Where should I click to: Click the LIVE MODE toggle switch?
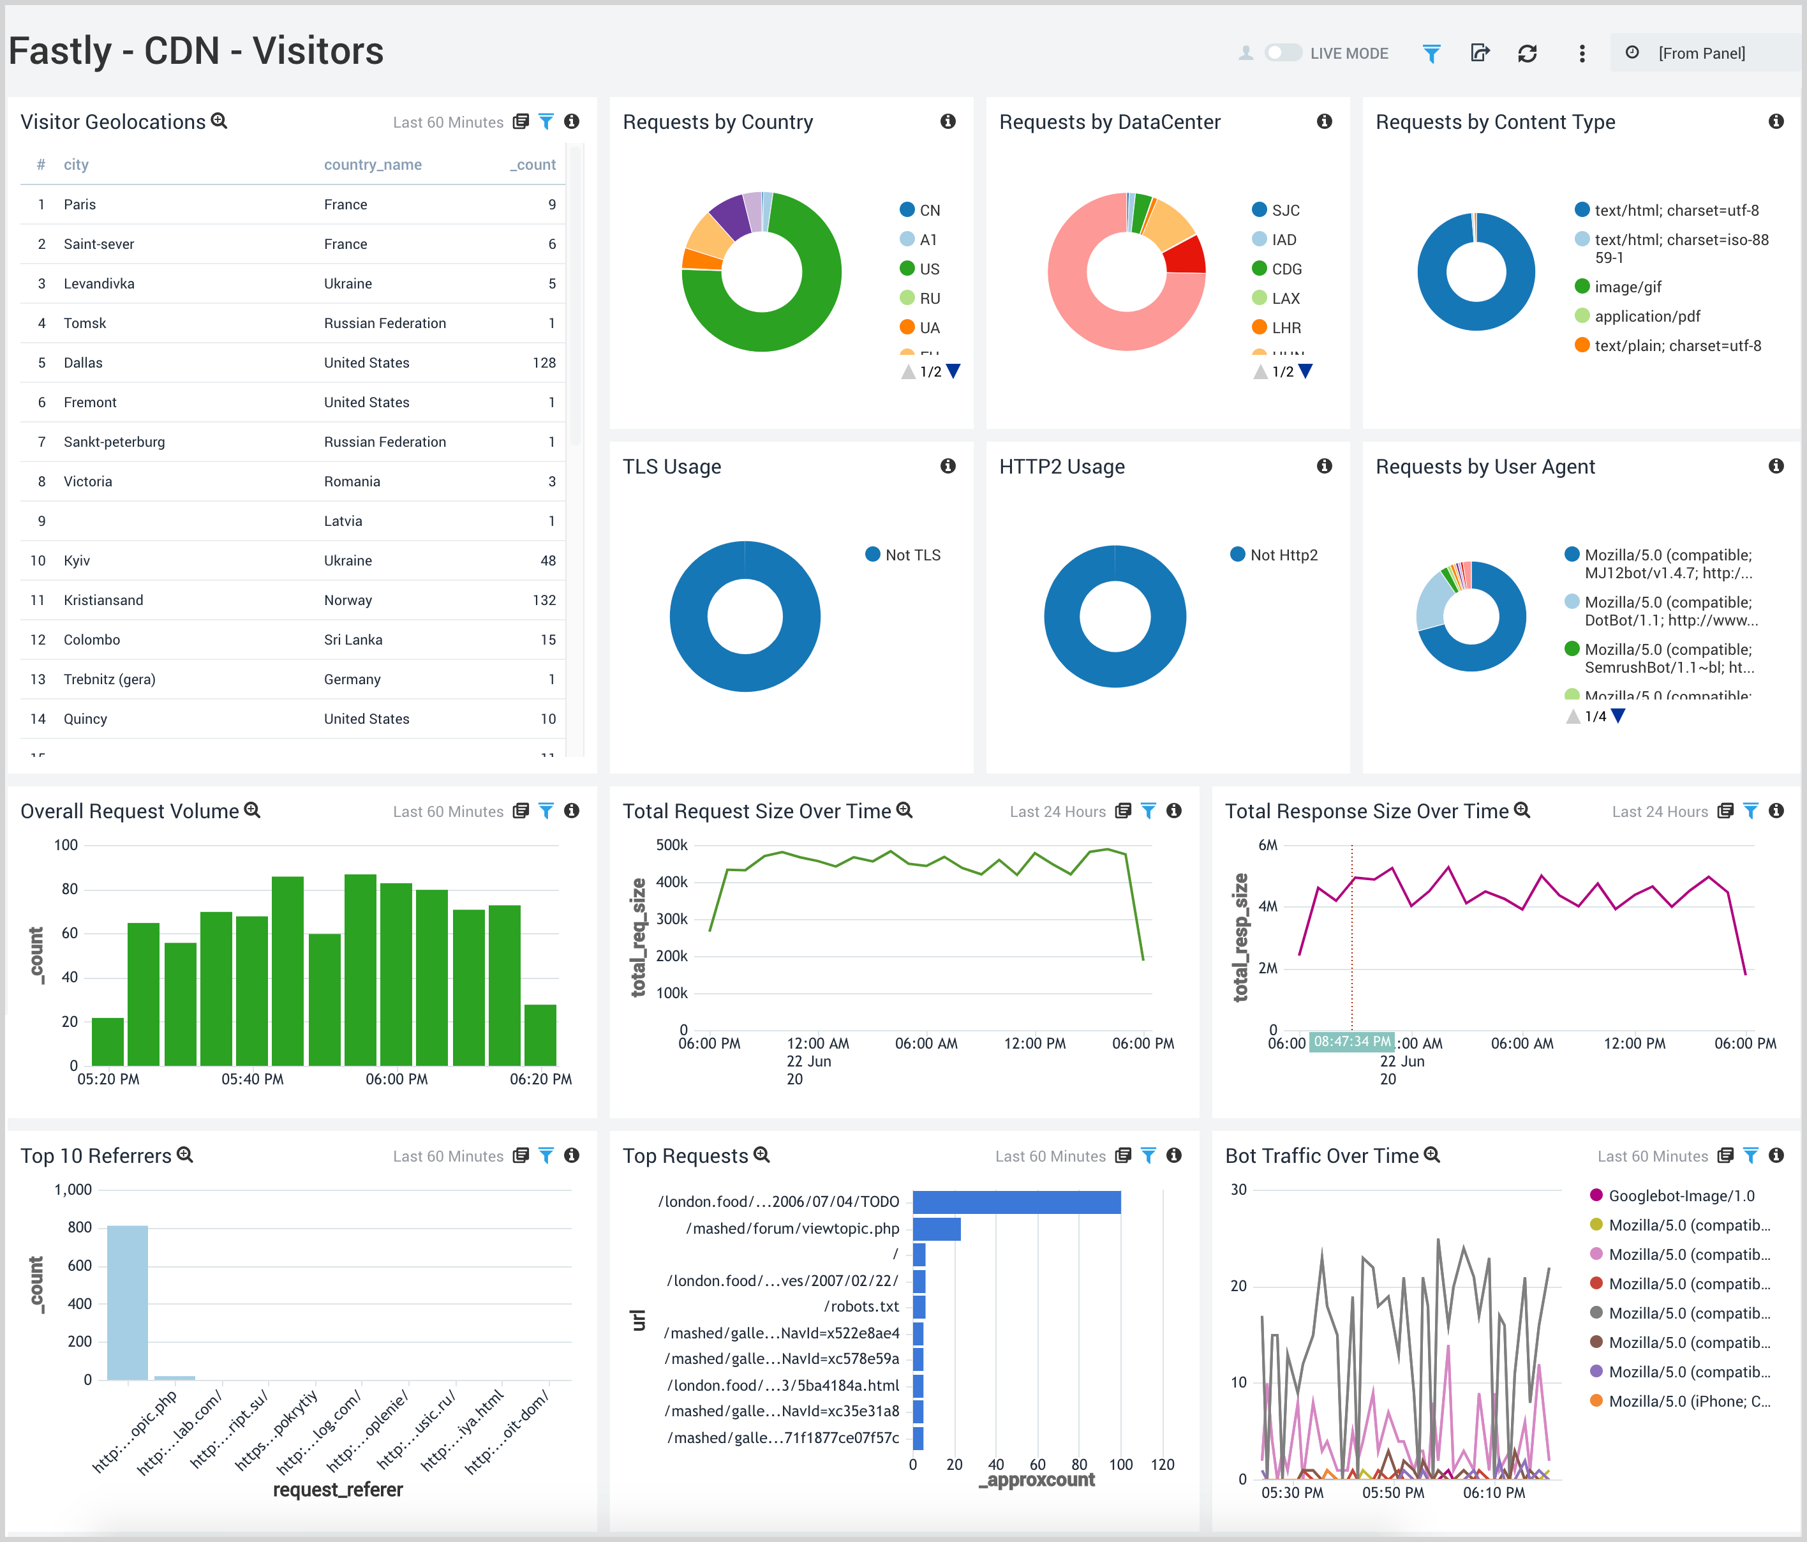[x=1282, y=53]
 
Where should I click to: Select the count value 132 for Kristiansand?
[x=544, y=600]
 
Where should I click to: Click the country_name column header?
[x=373, y=165]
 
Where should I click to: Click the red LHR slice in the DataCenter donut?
[x=1186, y=255]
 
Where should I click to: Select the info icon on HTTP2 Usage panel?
[x=1324, y=467]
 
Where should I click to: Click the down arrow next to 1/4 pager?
[x=1619, y=716]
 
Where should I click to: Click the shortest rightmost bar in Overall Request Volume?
[x=540, y=1035]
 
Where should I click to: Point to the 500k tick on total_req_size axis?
[x=671, y=845]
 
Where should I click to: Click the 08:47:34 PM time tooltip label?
[x=1352, y=1042]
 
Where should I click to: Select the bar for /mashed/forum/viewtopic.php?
[x=936, y=1229]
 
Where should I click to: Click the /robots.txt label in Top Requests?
[x=861, y=1306]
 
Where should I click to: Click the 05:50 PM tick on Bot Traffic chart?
[x=1393, y=1492]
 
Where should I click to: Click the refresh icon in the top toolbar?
[x=1527, y=53]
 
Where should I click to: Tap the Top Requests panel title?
[x=685, y=1156]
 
